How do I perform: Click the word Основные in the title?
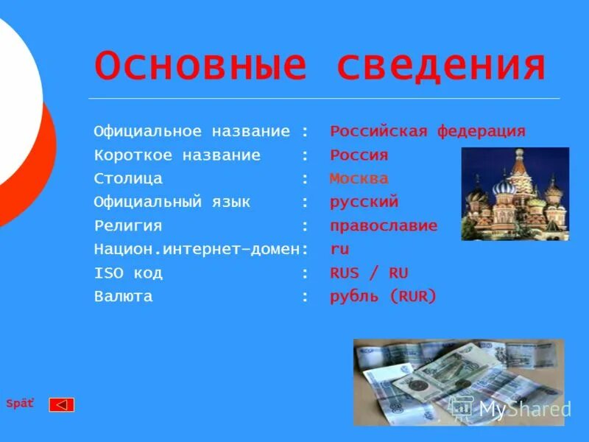(x=200, y=66)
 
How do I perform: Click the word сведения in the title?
(x=441, y=66)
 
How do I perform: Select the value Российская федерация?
(x=428, y=132)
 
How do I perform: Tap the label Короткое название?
(x=177, y=155)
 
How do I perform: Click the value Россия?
(x=359, y=155)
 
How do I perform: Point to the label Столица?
(x=128, y=179)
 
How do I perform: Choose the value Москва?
(x=359, y=179)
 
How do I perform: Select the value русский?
(x=364, y=202)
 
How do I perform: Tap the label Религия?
(x=128, y=226)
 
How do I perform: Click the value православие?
(x=384, y=226)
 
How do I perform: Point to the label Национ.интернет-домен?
(x=197, y=250)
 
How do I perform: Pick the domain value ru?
(x=339, y=250)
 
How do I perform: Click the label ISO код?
(x=128, y=273)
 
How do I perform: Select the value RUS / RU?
(x=369, y=273)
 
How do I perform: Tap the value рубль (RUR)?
(x=383, y=297)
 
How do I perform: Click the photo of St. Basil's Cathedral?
(x=515, y=194)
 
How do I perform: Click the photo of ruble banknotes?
(x=458, y=382)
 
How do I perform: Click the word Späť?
(x=20, y=404)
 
